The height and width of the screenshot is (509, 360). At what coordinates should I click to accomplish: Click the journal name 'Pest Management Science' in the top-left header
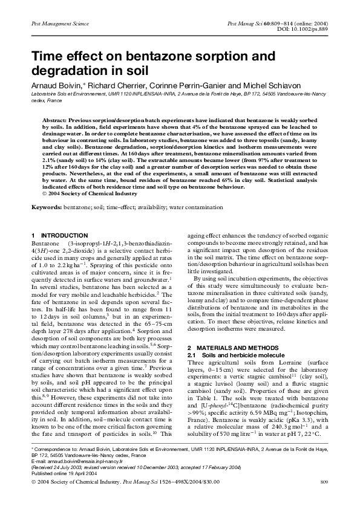(x=55, y=22)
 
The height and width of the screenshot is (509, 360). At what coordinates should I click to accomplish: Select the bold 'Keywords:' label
(x=47, y=207)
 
